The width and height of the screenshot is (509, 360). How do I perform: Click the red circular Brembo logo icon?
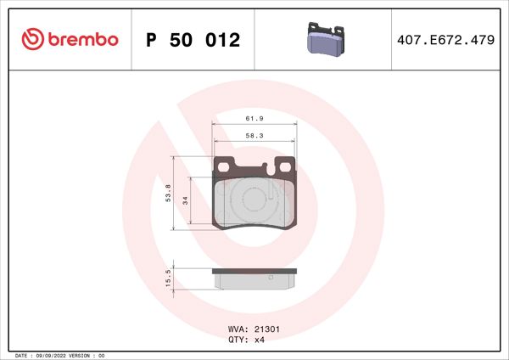(x=32, y=40)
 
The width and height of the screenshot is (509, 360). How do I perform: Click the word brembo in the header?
(x=81, y=40)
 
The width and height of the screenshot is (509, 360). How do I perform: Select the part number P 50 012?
(x=193, y=40)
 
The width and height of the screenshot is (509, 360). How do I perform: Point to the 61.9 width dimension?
(x=254, y=118)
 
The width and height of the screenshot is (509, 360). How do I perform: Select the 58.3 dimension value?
(x=254, y=135)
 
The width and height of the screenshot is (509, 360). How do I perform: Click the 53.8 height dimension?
(x=168, y=194)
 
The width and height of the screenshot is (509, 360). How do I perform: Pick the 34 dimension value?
(x=185, y=202)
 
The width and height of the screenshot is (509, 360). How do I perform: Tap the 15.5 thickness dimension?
(x=169, y=278)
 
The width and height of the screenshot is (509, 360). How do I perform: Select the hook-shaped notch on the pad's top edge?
(x=270, y=167)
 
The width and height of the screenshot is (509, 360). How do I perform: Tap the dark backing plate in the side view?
(x=254, y=271)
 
